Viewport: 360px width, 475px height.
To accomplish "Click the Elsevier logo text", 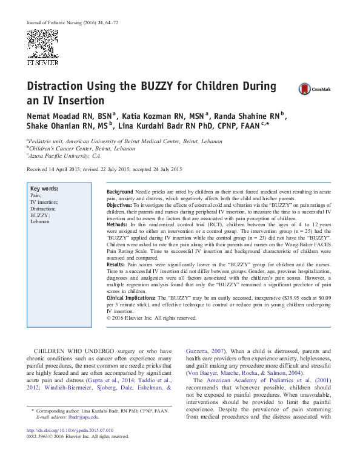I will point(42,62).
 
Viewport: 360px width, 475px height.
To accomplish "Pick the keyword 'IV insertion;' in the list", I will point(44,202).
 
